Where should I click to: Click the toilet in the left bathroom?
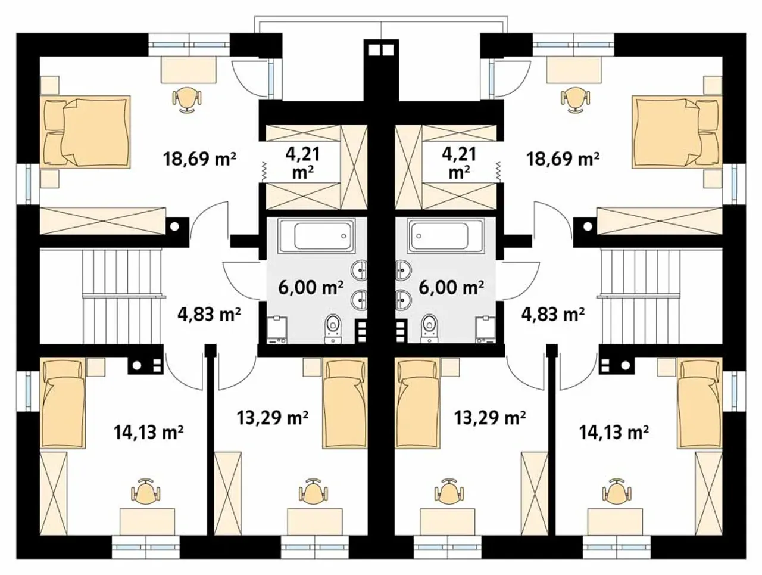[x=333, y=328]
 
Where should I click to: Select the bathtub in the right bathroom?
[x=446, y=235]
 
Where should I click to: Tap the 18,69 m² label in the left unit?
[x=199, y=159]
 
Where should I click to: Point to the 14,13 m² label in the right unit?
[x=614, y=433]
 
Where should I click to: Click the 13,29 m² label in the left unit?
[x=273, y=418]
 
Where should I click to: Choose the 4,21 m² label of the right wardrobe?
[x=459, y=163]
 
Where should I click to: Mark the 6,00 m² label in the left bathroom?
[x=311, y=288]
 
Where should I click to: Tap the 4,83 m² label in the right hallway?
[x=553, y=315]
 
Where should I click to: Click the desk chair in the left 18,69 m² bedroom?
[x=187, y=99]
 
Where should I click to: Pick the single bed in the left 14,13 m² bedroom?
[x=63, y=404]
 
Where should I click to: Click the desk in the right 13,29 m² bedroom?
[x=447, y=521]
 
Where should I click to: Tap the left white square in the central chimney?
[x=374, y=51]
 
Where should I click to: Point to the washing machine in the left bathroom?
[x=277, y=330]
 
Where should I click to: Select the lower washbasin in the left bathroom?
[x=359, y=299]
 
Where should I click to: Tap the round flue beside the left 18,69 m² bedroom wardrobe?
[x=174, y=226]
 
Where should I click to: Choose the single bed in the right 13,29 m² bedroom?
[x=419, y=403]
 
